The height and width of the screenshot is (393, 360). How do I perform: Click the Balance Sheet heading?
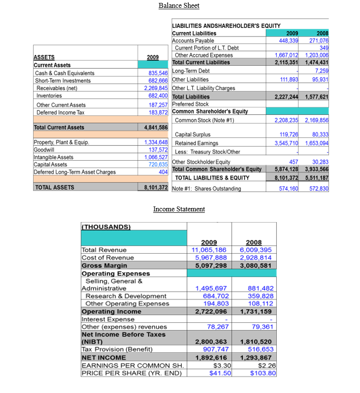click(x=179, y=5)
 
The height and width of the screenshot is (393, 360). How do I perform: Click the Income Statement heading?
click(x=179, y=209)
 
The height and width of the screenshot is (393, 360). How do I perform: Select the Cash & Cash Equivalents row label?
click(x=65, y=73)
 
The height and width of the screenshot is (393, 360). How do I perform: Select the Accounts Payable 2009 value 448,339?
click(x=287, y=40)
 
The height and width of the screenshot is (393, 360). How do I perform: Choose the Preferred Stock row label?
click(x=190, y=104)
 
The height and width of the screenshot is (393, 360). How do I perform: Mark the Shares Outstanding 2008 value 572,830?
click(x=318, y=188)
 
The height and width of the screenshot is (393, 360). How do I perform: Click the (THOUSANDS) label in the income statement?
click(x=106, y=226)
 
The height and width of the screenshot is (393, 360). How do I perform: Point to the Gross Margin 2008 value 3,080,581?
click(x=253, y=265)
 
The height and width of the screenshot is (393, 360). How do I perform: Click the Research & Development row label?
click(x=126, y=296)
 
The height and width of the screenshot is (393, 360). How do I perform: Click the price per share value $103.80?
click(x=262, y=373)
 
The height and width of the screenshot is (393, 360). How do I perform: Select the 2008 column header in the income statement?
click(x=253, y=242)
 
